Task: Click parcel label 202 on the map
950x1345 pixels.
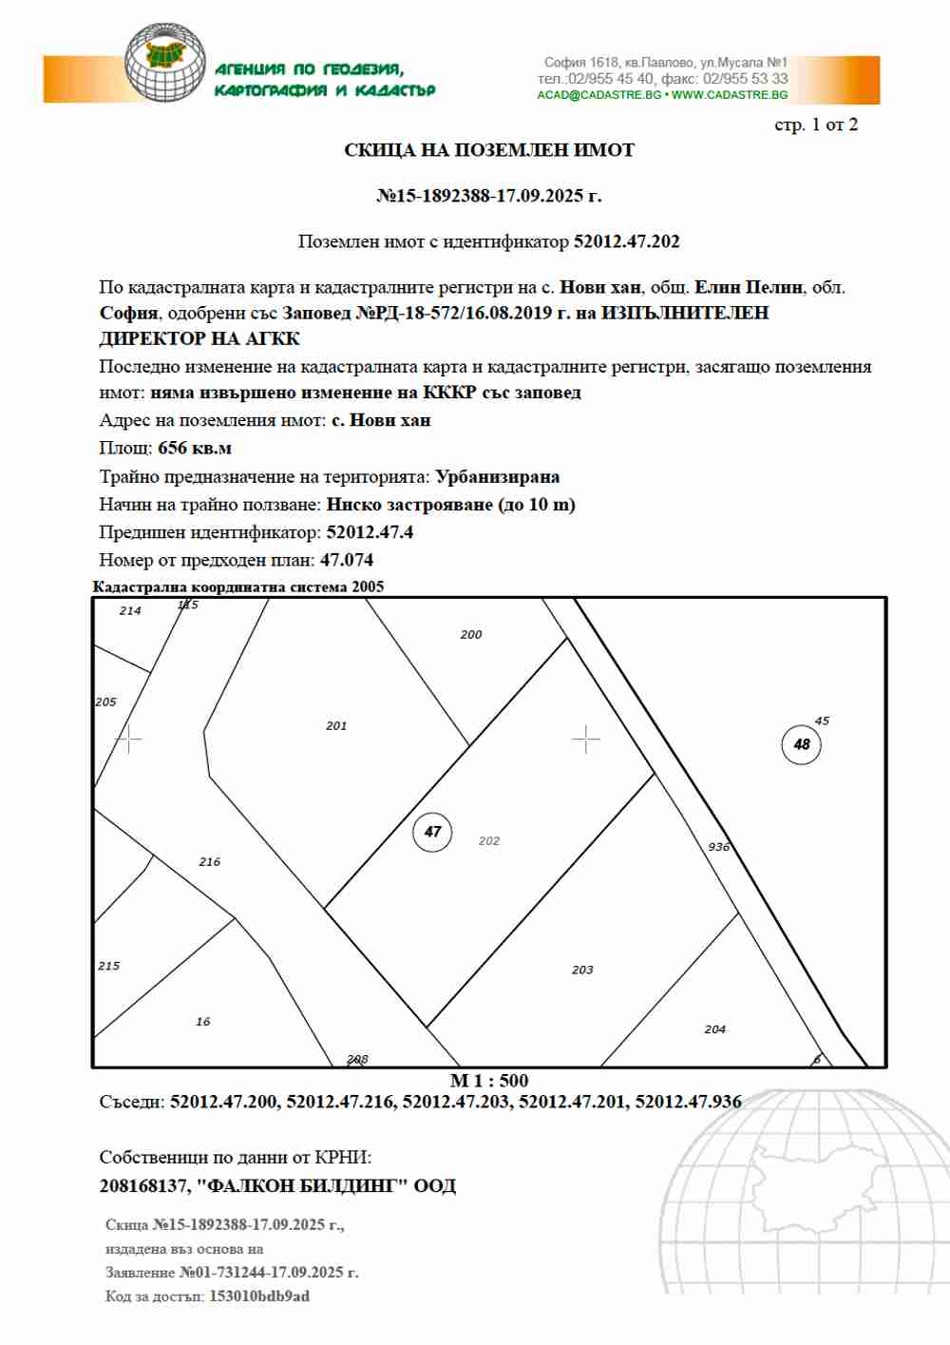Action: tap(489, 841)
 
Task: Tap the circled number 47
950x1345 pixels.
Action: tap(432, 832)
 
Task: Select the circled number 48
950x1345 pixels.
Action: tap(802, 744)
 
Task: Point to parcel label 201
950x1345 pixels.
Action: tap(336, 726)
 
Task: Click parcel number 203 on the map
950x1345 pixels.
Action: tap(582, 970)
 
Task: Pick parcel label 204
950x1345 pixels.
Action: tap(715, 1029)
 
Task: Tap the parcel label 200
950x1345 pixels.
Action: tap(471, 635)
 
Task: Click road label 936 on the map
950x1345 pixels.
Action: tap(718, 847)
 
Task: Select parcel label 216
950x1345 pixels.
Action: tap(210, 862)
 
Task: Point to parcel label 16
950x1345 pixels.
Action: tap(203, 1022)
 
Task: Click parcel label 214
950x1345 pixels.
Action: tap(130, 611)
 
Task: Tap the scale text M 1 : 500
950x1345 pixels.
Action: tap(489, 1081)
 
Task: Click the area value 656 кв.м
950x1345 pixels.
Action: tap(195, 449)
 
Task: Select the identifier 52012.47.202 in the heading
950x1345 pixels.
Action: tap(627, 241)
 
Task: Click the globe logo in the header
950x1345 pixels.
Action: tap(165, 63)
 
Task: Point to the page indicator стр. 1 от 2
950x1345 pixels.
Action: tap(816, 125)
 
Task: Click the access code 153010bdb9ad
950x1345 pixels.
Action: tap(259, 1297)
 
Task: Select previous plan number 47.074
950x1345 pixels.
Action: tap(347, 561)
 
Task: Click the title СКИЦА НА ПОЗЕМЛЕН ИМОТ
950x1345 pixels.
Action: tap(489, 150)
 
